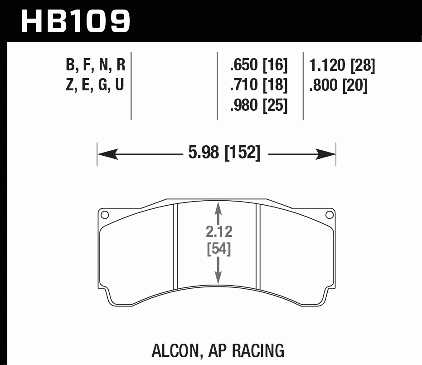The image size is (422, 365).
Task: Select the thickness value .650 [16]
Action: click(259, 66)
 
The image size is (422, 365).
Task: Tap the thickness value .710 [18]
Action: click(259, 85)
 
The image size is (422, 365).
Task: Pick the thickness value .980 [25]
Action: click(259, 105)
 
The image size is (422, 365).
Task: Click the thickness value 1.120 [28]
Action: click(342, 66)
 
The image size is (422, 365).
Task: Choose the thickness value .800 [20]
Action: click(338, 85)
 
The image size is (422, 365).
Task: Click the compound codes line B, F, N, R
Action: click(95, 66)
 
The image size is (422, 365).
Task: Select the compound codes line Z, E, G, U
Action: click(95, 85)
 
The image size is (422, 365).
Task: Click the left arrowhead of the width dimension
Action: click(107, 154)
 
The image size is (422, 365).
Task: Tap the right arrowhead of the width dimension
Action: click(326, 154)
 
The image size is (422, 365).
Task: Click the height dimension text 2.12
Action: click(219, 232)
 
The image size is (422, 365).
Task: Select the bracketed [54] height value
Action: click(219, 249)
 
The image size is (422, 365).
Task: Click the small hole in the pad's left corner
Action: click(105, 215)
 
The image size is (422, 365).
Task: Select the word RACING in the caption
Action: click(259, 350)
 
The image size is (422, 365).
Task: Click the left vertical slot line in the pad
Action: click(175, 247)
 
